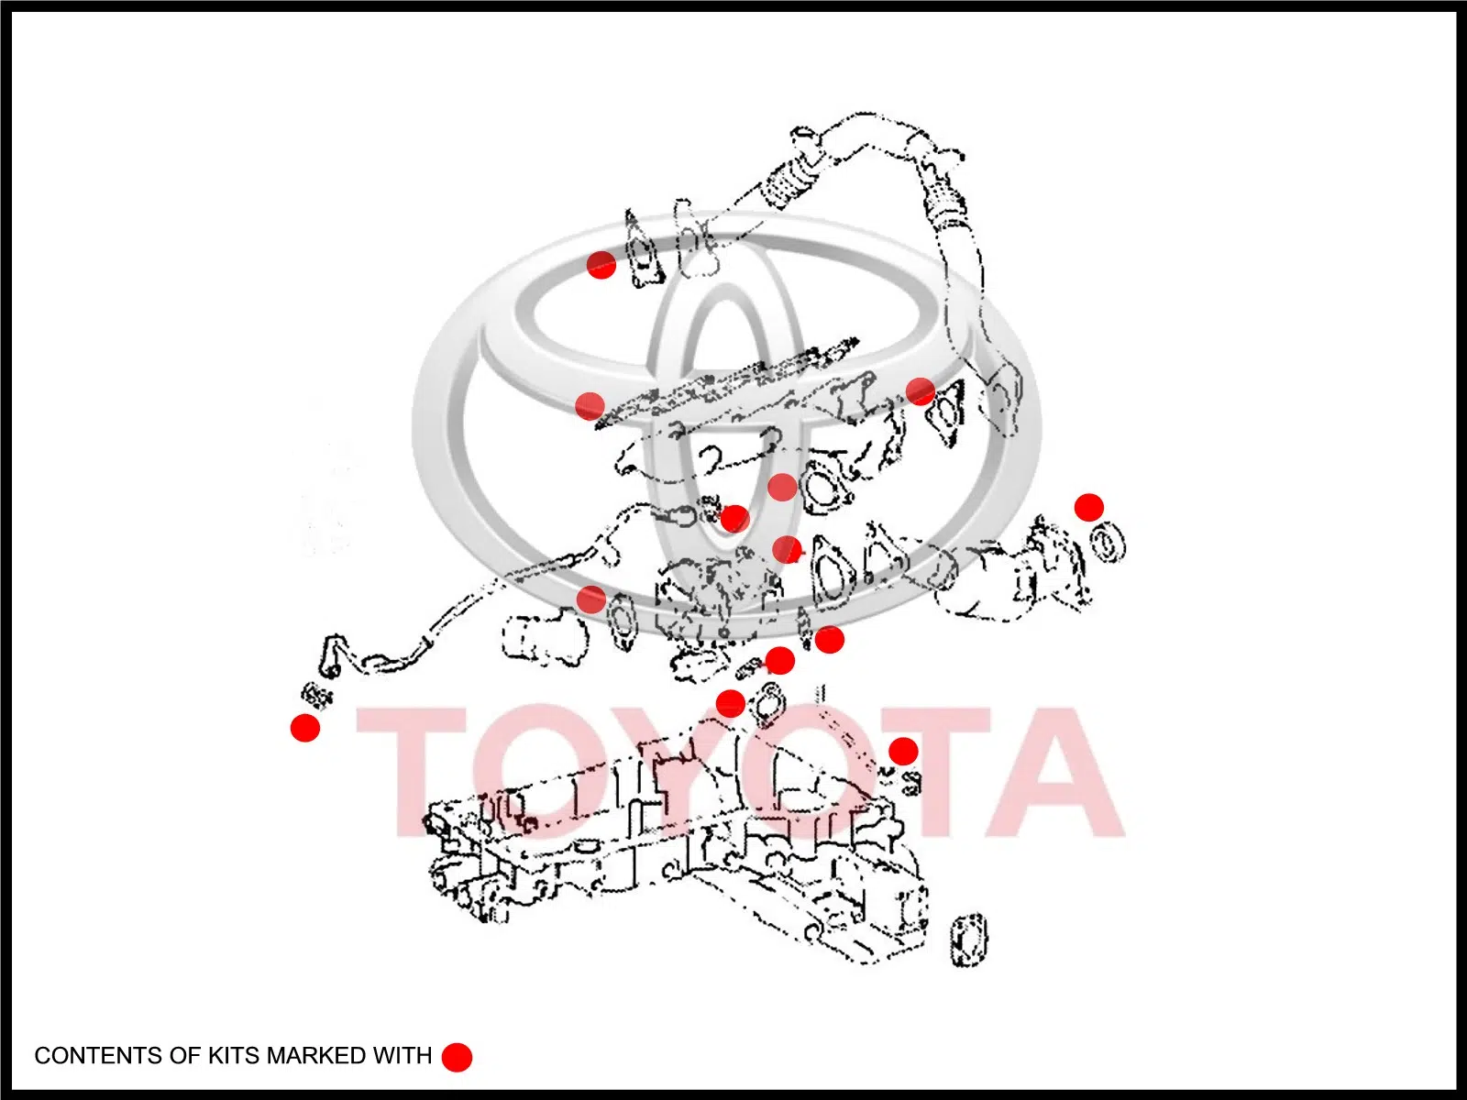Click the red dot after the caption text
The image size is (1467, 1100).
458,1057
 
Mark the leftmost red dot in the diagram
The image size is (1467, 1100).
304,727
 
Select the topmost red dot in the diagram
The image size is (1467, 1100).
601,265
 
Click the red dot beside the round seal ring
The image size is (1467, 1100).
1088,508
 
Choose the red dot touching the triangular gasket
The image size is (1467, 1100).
920,391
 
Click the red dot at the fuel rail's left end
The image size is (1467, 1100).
590,405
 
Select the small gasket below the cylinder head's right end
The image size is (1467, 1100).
969,939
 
